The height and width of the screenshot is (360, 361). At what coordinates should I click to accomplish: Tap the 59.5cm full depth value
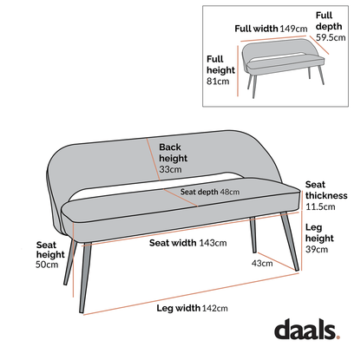[x=329, y=38]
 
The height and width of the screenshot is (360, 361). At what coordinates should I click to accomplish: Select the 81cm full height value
[x=217, y=82]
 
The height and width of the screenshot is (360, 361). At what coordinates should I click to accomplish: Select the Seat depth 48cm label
[x=210, y=193]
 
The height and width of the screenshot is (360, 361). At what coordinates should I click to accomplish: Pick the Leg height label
[x=318, y=232]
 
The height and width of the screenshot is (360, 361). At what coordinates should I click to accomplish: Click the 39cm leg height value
[x=317, y=250]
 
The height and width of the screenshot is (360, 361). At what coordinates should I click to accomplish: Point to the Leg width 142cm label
[x=191, y=308]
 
